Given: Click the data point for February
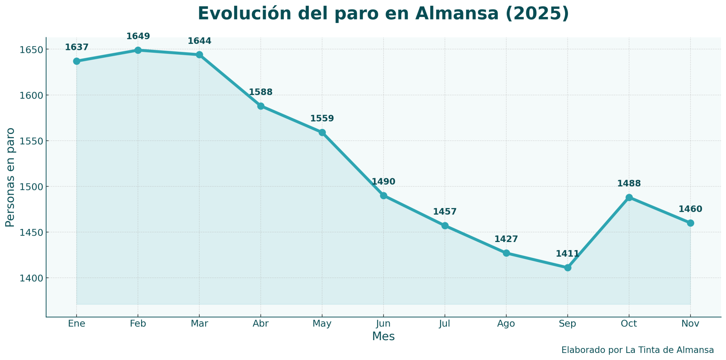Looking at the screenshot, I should pyautogui.click(x=138, y=50).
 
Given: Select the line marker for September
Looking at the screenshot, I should pyautogui.click(x=568, y=268).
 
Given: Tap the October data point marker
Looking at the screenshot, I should pyautogui.click(x=629, y=197).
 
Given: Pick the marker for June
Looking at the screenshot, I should pyautogui.click(x=383, y=196).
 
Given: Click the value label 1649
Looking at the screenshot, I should pyautogui.click(x=138, y=36).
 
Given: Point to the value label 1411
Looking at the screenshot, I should pyautogui.click(x=567, y=254).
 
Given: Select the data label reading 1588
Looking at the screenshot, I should pyautogui.click(x=261, y=92).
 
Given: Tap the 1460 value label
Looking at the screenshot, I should pyautogui.click(x=690, y=209).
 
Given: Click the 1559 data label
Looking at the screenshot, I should pyautogui.click(x=322, y=118).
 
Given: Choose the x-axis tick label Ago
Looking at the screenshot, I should pyautogui.click(x=506, y=324).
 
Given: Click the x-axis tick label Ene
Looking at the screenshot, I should pyautogui.click(x=77, y=324).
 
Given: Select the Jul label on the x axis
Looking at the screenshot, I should pyautogui.click(x=445, y=324).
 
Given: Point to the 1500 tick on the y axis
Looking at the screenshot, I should pyautogui.click(x=30, y=187).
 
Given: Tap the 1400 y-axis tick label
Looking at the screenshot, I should pyautogui.click(x=30, y=278).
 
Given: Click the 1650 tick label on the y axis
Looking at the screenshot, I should pyautogui.click(x=30, y=50).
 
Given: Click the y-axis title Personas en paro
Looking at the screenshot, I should pyautogui.click(x=10, y=177).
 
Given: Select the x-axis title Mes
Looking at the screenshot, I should pyautogui.click(x=383, y=337).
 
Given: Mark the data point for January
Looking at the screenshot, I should pyautogui.click(x=77, y=61).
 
